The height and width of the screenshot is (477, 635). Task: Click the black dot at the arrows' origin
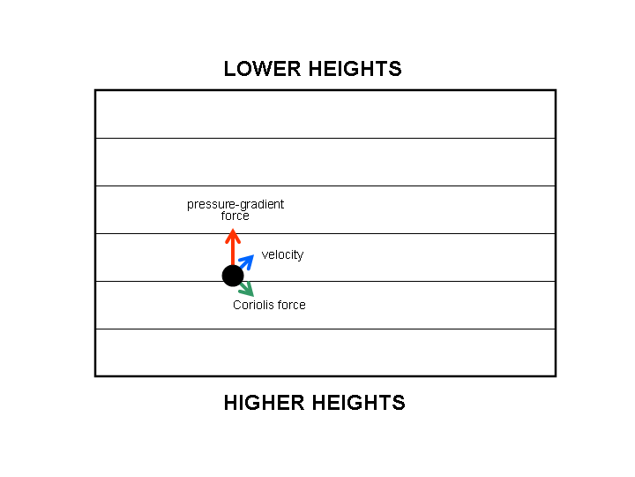tap(232, 275)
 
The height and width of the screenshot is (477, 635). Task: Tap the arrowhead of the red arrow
tap(233, 235)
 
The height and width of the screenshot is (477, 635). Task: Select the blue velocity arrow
tap(246, 261)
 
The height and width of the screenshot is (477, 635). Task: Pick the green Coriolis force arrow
tap(246, 288)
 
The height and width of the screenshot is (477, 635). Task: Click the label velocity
tap(282, 255)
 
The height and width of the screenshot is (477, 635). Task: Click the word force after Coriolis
tap(291, 306)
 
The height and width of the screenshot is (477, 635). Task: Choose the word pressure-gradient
tap(235, 205)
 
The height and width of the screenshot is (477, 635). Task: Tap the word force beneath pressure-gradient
tap(235, 216)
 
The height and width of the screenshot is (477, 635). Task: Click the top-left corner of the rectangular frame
tap(95, 90)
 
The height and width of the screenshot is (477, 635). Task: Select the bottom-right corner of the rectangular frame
tap(555, 375)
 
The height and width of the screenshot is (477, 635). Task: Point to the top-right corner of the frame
tap(555, 90)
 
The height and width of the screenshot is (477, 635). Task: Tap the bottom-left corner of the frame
tap(95, 375)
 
